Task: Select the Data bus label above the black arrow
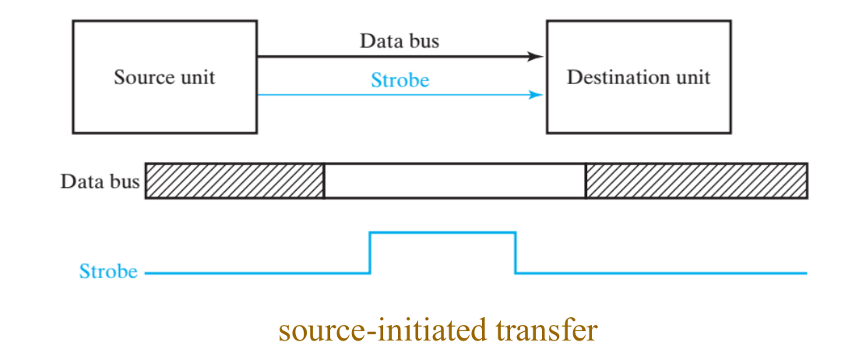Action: pyautogui.click(x=399, y=41)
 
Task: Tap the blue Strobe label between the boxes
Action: pyautogui.click(x=400, y=79)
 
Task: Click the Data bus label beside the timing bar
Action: pyautogui.click(x=100, y=182)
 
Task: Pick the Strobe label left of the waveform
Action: pyautogui.click(x=108, y=271)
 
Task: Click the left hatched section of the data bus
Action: pyautogui.click(x=234, y=181)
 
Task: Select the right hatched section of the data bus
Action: pyautogui.click(x=696, y=181)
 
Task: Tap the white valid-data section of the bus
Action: pyautogui.click(x=454, y=181)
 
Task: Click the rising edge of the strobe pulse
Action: pyautogui.click(x=370, y=252)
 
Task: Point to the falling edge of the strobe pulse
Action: pyautogui.click(x=516, y=252)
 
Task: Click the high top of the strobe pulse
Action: pyautogui.click(x=442, y=231)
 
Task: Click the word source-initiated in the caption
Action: pyautogui.click(x=382, y=330)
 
